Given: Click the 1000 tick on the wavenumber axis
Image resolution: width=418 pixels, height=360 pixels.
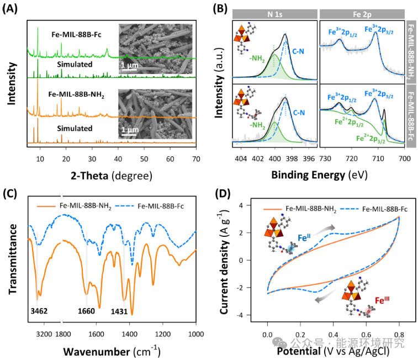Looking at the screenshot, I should coord(196,333).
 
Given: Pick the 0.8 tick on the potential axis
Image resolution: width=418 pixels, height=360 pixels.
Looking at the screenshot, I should coord(399,333).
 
